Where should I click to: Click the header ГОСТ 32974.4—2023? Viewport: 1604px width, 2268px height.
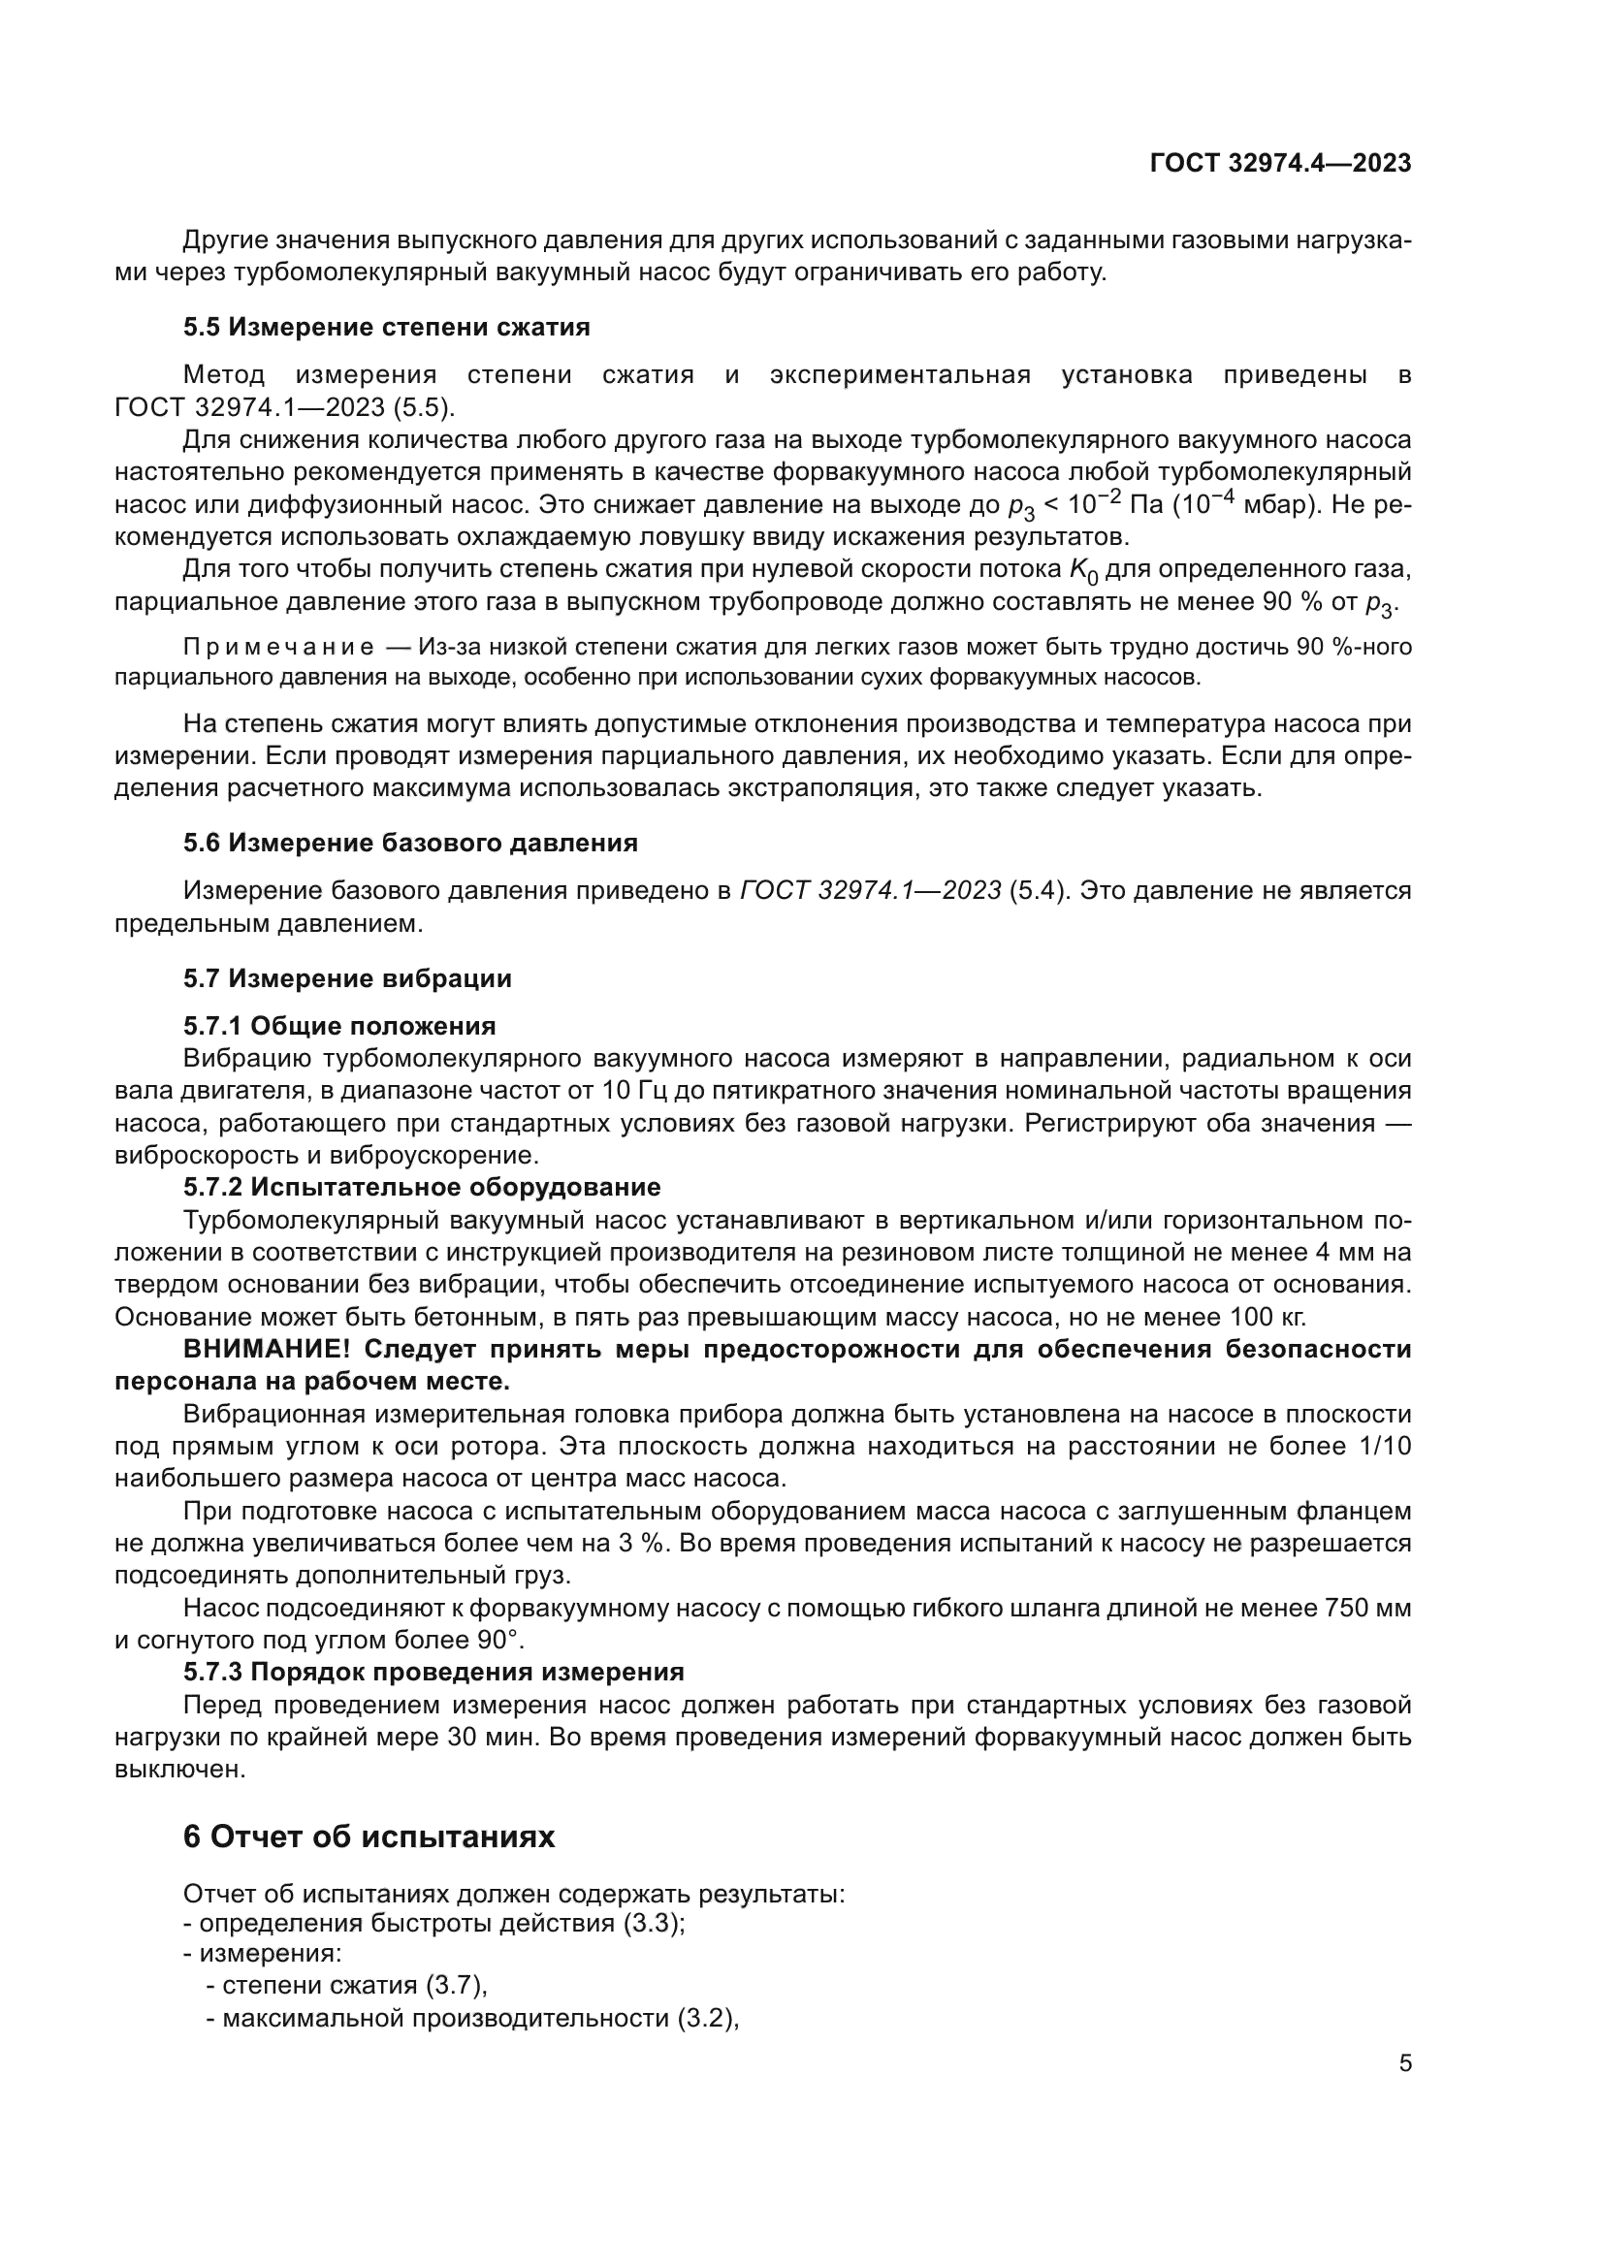(x=1280, y=164)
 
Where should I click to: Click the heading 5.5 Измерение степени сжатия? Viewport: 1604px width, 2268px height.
(x=386, y=327)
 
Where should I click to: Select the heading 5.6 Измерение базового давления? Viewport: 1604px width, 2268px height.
(x=410, y=843)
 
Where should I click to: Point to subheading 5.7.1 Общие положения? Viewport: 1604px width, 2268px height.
(x=338, y=1025)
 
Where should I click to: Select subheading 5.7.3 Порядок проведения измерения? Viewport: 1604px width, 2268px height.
(x=433, y=1672)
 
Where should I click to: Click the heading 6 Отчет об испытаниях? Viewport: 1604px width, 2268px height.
(x=369, y=1836)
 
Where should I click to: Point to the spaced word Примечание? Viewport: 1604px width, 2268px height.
(x=278, y=647)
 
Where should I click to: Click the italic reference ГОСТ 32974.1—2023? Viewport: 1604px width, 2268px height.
(x=870, y=891)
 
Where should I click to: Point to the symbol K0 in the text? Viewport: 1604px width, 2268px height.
(x=1083, y=571)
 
